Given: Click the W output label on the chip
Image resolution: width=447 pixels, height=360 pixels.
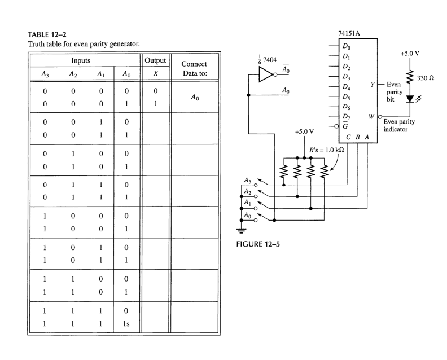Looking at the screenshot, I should (x=371, y=117).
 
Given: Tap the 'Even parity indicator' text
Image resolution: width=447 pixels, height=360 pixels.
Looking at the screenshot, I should (x=403, y=125).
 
